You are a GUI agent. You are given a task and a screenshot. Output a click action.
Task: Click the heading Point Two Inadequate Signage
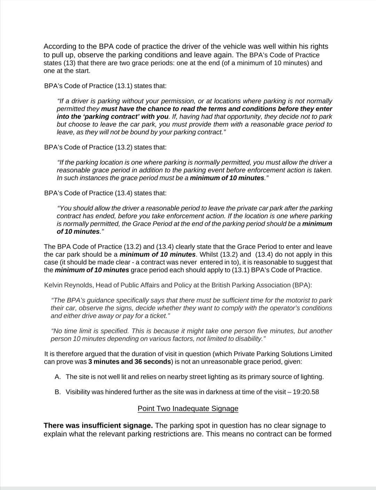click(188, 409)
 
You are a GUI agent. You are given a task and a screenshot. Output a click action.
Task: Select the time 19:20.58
click(306, 392)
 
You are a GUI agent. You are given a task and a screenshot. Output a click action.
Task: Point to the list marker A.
click(58, 377)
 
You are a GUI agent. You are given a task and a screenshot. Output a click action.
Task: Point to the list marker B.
click(58, 392)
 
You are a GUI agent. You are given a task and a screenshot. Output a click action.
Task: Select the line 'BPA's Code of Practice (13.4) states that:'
click(105, 193)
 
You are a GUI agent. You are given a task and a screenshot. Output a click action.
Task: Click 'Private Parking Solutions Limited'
click(283, 354)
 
